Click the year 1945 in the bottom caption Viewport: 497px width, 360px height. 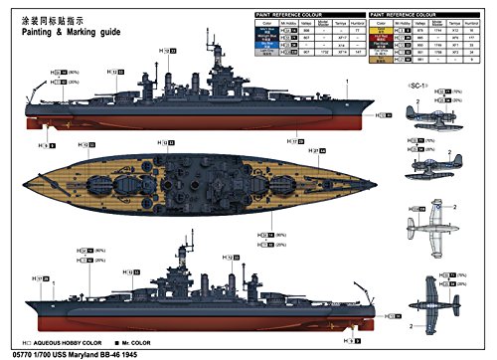(x=146, y=350)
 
